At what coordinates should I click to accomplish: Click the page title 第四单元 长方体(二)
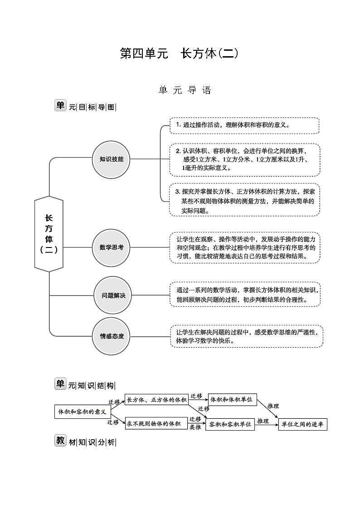[179, 53]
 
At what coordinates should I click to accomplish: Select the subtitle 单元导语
[185, 90]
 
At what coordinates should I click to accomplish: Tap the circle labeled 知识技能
[111, 159]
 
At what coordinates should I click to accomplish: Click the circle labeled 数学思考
[111, 247]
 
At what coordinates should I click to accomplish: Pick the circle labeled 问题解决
[113, 296]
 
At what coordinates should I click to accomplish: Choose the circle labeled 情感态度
[112, 336]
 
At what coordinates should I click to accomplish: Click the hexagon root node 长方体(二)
[49, 234]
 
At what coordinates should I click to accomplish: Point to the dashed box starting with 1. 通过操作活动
[244, 126]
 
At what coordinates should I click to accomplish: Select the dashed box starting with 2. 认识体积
[244, 160]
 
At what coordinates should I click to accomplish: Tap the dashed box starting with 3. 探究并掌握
[244, 199]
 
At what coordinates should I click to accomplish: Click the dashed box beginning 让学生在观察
[246, 247]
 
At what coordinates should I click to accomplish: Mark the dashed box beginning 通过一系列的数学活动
[245, 295]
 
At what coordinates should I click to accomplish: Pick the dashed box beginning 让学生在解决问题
[247, 336]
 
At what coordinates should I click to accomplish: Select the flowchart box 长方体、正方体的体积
[156, 400]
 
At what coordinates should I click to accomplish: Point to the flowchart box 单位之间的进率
[302, 424]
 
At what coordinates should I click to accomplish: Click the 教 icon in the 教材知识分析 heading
[60, 441]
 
